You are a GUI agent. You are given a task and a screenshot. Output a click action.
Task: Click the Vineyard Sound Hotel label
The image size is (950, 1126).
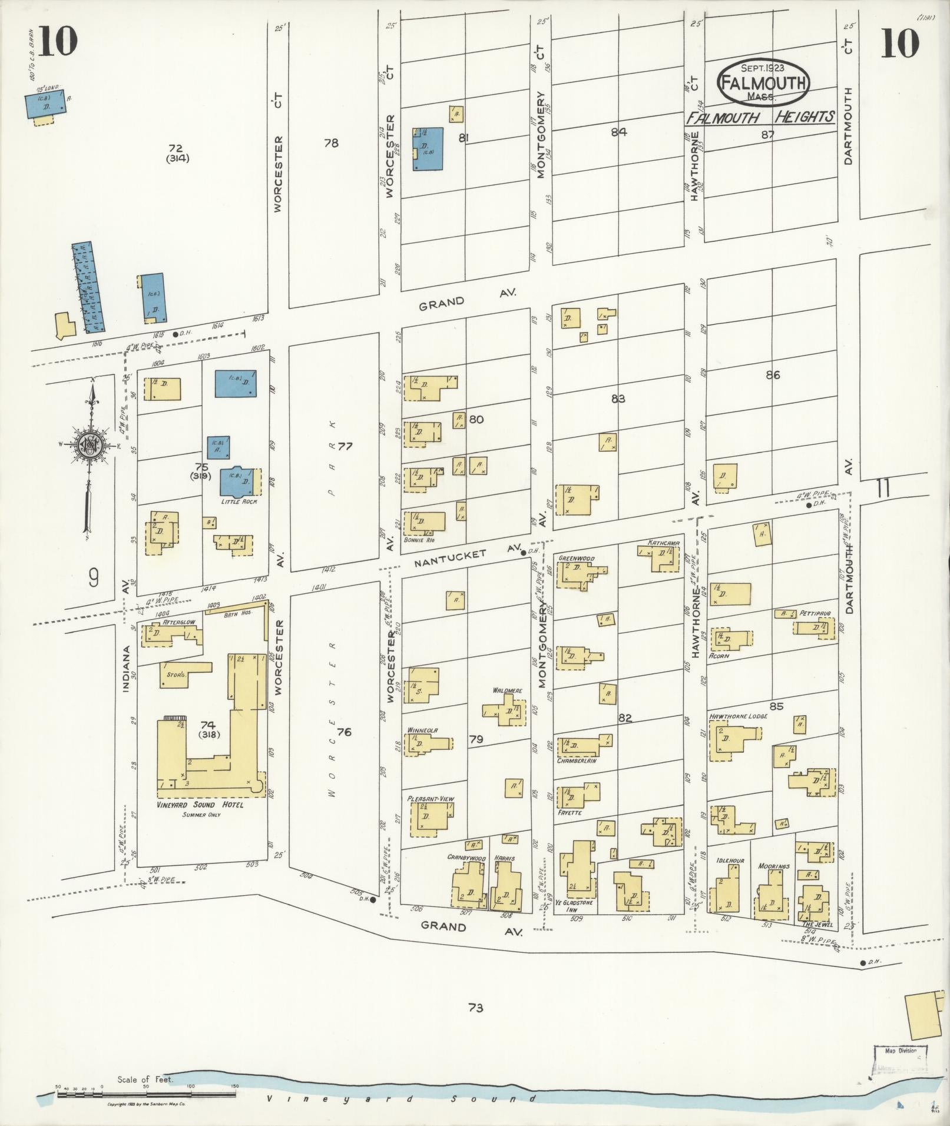tap(200, 805)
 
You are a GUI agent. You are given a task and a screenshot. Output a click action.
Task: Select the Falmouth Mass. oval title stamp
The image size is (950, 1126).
tap(763, 83)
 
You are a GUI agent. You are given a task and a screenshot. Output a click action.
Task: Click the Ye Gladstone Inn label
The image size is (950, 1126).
tap(571, 906)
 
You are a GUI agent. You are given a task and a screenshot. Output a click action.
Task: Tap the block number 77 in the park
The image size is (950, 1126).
tap(345, 446)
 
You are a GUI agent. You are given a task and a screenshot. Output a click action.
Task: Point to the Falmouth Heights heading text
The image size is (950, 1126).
tap(760, 117)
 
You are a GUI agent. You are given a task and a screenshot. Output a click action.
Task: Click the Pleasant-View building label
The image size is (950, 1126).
tap(431, 799)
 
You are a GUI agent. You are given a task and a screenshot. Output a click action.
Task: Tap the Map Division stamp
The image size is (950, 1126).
tap(900, 1050)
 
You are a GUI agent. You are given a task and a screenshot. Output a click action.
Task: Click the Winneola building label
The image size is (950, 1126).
tap(422, 730)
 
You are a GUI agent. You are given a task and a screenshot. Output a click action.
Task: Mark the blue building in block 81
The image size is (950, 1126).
tap(428, 150)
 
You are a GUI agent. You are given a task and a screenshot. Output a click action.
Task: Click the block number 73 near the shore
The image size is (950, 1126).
tap(475, 1008)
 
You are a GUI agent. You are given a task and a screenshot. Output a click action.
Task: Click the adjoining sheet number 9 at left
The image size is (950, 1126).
tap(94, 579)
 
